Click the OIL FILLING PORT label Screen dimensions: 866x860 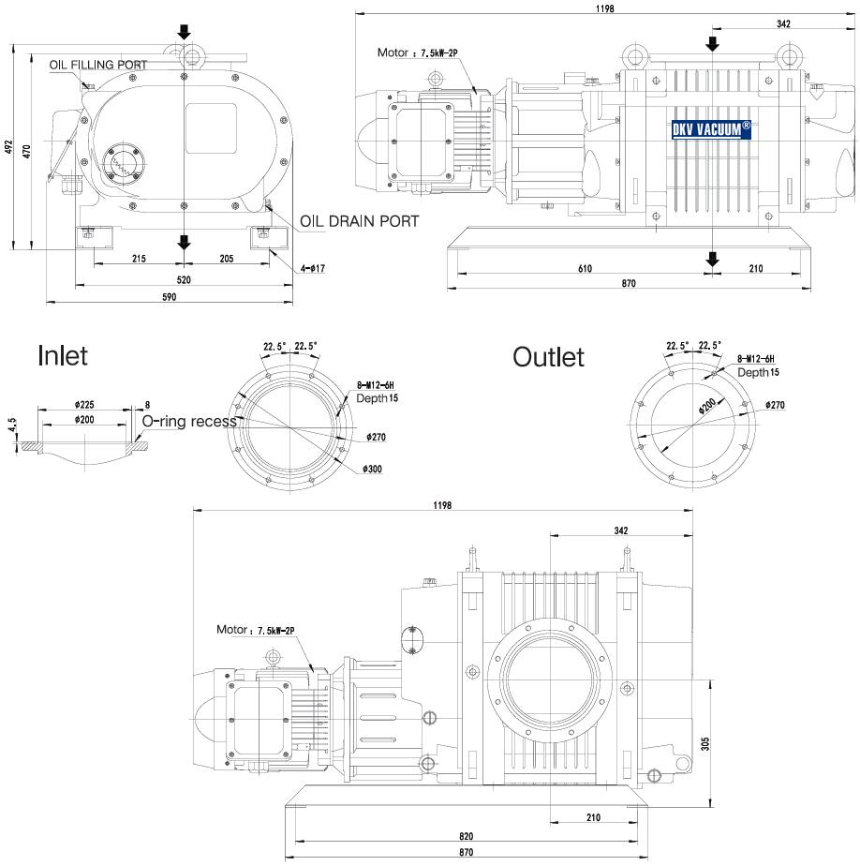click(98, 64)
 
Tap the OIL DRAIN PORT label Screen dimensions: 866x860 click(359, 222)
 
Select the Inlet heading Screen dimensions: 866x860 click(63, 355)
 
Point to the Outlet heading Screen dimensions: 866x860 click(548, 357)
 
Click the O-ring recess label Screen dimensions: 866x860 click(188, 422)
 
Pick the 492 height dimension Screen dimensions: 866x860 click(8, 147)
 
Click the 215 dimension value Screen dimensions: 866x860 click(139, 258)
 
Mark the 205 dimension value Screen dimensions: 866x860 click(226, 258)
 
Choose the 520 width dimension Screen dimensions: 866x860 click(184, 279)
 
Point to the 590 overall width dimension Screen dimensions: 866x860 click(170, 297)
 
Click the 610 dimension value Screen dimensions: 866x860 click(585, 269)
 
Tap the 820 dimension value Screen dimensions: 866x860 click(467, 835)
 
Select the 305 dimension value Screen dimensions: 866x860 click(704, 742)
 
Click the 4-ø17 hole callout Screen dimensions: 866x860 click(312, 269)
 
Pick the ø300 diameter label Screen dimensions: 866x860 click(372, 469)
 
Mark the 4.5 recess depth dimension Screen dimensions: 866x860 click(12, 426)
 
